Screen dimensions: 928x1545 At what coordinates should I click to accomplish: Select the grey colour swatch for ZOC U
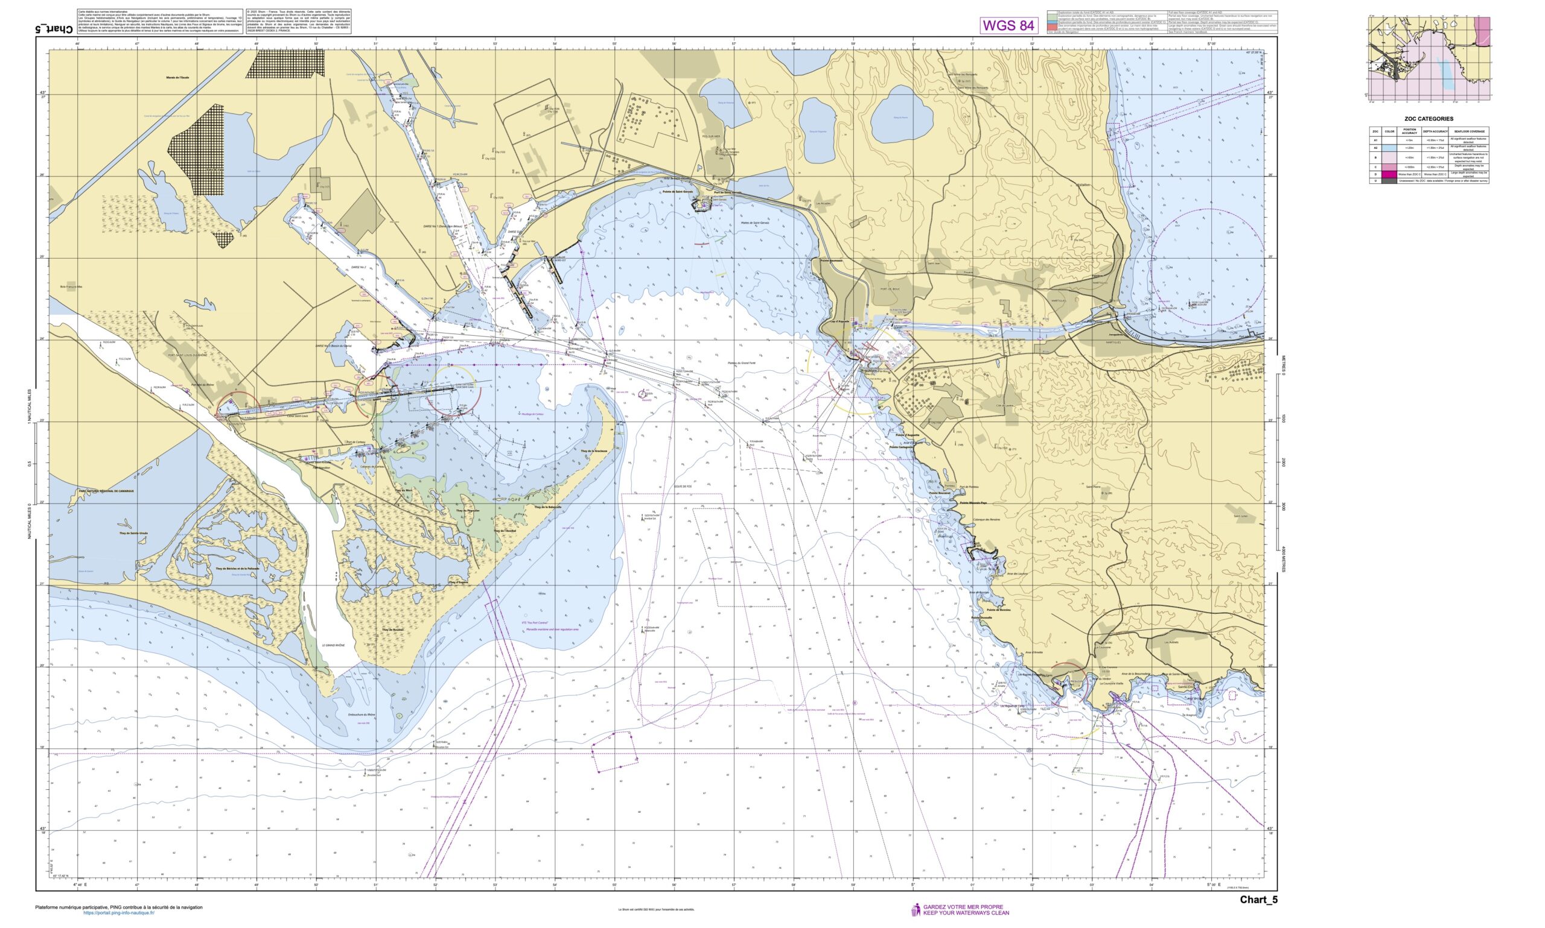(1389, 181)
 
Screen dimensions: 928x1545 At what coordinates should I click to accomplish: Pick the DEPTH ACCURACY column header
(1435, 131)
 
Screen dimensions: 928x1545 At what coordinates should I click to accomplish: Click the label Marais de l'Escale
(177, 78)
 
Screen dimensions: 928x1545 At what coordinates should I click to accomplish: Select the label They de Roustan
(392, 630)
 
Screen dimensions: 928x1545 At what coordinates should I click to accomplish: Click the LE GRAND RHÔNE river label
(334, 645)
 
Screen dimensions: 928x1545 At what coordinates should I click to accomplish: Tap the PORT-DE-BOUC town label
(890, 289)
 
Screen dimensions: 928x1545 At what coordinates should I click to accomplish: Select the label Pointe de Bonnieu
(999, 610)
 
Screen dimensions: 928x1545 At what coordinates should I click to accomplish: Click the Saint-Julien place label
(1241, 516)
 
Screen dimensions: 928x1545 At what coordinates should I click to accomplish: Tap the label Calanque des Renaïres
(987, 520)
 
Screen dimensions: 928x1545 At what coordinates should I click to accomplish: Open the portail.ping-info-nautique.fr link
(119, 913)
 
